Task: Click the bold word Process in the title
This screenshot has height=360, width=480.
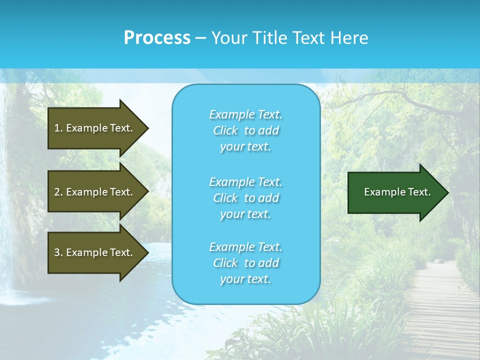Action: click(x=157, y=38)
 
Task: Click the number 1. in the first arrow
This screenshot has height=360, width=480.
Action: click(x=58, y=128)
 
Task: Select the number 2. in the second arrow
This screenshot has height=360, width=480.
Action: click(x=58, y=192)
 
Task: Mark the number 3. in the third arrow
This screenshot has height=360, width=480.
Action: click(x=58, y=252)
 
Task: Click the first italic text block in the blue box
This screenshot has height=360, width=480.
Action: click(x=246, y=130)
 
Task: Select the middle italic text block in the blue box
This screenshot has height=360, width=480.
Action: click(x=246, y=197)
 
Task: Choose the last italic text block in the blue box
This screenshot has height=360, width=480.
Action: click(x=246, y=263)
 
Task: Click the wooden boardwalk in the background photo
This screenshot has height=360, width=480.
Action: click(x=440, y=310)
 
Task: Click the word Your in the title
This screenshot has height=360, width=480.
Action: click(x=228, y=38)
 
